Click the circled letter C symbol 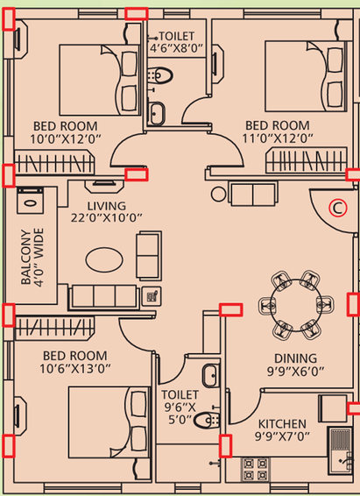click(338, 209)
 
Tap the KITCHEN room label click(282, 424)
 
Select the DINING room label click(295, 358)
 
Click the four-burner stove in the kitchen click(256, 470)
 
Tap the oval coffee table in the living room click(104, 259)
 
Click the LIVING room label click(107, 206)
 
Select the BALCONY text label click(25, 257)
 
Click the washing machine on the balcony click(31, 201)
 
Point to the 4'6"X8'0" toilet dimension click(176, 48)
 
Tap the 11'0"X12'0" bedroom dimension click(278, 138)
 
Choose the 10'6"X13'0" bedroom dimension click(75, 369)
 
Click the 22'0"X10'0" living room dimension click(107, 218)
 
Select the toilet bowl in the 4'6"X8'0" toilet click(160, 75)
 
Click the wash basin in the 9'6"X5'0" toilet click(210, 376)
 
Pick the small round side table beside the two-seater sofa click(218, 194)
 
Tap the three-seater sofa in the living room click(104, 296)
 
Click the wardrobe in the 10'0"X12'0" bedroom click(54, 162)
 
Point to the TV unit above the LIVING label click(104, 186)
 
